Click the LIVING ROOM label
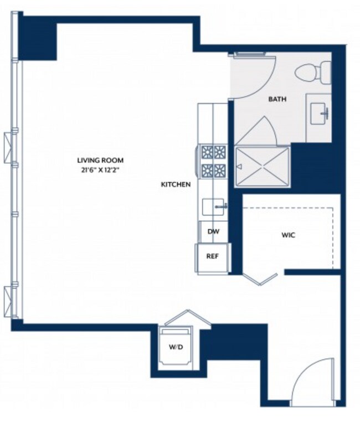point(100,160)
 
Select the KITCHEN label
point(176,184)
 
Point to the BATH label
point(277,99)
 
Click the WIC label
point(288,235)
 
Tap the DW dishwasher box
point(213,231)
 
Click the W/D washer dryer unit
point(176,347)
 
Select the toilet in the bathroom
point(313,73)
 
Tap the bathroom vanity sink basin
point(319,114)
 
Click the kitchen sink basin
point(213,207)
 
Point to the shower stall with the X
point(262,167)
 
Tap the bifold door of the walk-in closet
point(260,278)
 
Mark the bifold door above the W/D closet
point(188,318)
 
